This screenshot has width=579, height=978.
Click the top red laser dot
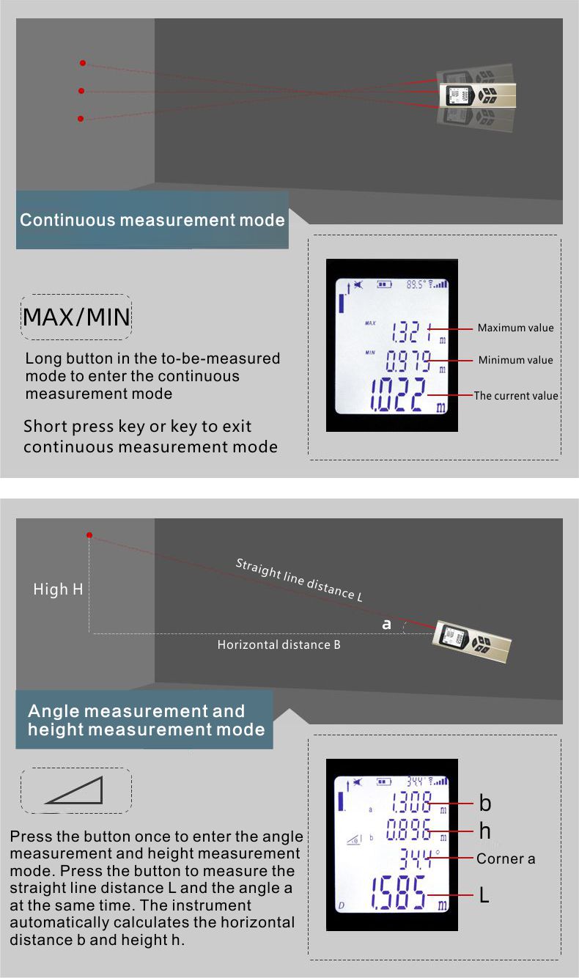(x=83, y=63)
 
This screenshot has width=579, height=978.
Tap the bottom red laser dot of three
(x=81, y=119)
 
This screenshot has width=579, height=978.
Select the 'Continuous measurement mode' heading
(x=152, y=220)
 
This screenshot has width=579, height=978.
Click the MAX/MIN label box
(x=76, y=317)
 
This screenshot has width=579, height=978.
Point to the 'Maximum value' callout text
(x=515, y=328)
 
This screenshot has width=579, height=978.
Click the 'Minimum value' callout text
(x=515, y=360)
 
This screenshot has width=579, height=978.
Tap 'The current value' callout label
(x=516, y=396)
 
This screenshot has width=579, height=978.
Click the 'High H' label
(x=58, y=589)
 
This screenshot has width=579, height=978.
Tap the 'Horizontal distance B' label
(x=279, y=645)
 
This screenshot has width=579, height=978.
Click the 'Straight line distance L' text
(x=299, y=580)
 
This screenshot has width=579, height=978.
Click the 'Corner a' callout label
(x=506, y=858)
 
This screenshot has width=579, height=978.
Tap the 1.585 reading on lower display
(x=398, y=892)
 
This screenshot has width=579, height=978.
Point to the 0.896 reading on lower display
(x=408, y=830)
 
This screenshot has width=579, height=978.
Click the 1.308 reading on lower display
(x=411, y=803)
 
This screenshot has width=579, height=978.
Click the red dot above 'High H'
(x=89, y=535)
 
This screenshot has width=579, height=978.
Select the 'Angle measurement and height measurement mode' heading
(x=146, y=721)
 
